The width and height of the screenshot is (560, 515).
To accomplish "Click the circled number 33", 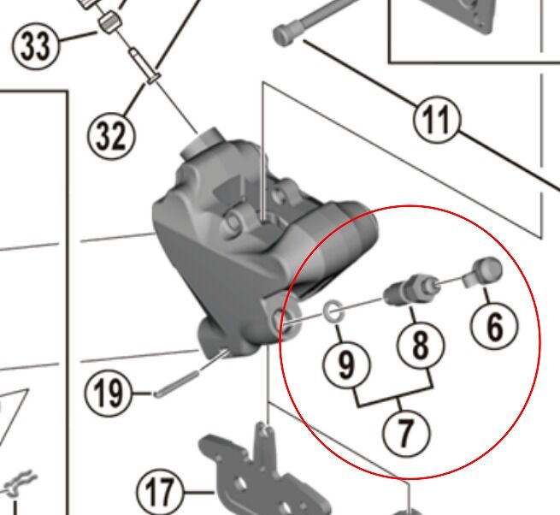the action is click(x=35, y=45).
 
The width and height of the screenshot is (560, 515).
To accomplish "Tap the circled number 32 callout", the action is click(x=111, y=135).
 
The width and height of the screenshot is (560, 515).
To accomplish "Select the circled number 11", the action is click(x=437, y=120).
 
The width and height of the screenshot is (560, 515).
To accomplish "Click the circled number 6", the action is click(x=494, y=326).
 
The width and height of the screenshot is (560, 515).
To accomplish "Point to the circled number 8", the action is click(x=421, y=345).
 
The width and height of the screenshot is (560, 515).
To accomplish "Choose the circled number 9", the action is click(x=346, y=365).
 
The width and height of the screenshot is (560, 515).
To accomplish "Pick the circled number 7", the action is click(x=406, y=432).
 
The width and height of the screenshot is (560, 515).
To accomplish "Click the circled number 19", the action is click(x=109, y=393).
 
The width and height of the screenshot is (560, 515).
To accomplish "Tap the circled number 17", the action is click(x=161, y=493).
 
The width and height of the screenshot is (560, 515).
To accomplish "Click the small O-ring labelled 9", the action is click(x=333, y=311).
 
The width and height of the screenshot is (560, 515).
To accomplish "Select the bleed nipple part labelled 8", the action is click(x=411, y=289).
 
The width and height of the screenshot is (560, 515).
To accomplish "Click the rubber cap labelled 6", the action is click(x=484, y=272).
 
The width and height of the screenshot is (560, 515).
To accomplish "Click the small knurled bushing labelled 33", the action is click(x=109, y=22).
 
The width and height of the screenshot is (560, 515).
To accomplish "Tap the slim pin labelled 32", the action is click(x=144, y=66).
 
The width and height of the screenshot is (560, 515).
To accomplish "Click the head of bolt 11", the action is click(x=284, y=35).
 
